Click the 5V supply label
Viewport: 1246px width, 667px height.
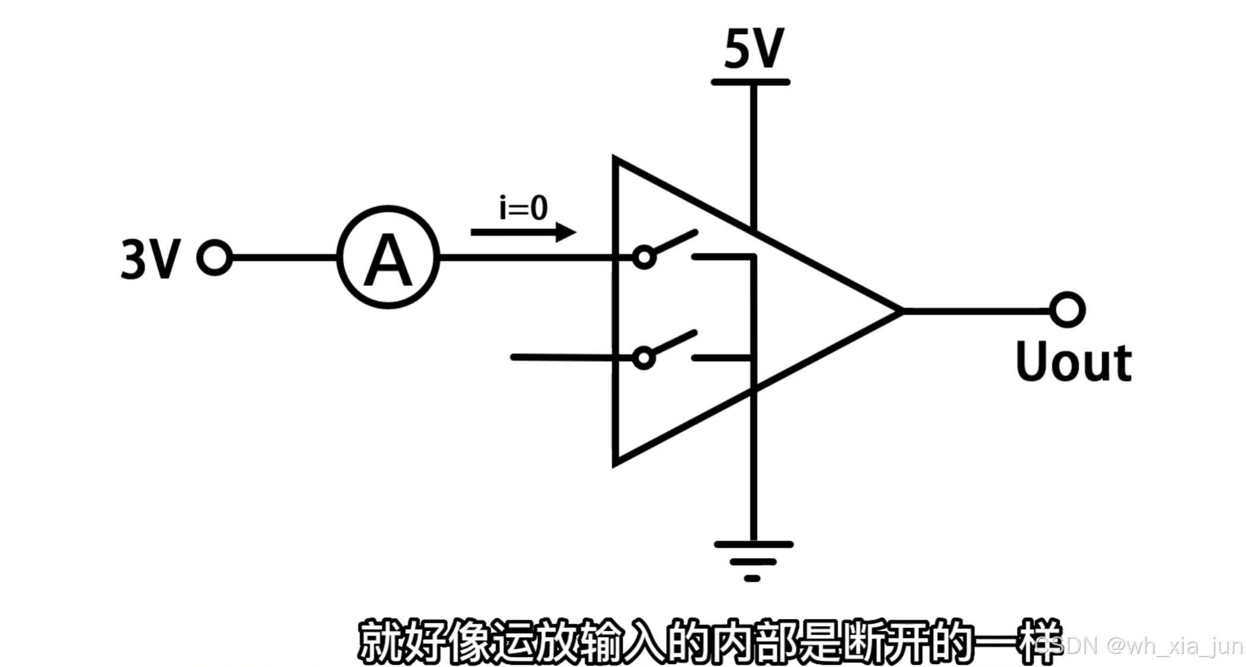point(754,49)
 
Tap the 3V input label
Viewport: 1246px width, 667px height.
point(150,259)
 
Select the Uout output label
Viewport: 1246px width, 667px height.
point(1073,362)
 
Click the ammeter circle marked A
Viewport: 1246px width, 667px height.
point(388,258)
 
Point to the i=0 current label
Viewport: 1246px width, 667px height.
point(523,208)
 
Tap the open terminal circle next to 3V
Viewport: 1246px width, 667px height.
point(214,258)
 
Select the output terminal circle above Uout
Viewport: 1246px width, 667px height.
point(1067,310)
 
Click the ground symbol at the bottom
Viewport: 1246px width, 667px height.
point(752,560)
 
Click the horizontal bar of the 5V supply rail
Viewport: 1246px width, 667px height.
point(750,82)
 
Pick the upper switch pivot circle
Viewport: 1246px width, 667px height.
point(644,258)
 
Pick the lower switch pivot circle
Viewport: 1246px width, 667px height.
point(644,358)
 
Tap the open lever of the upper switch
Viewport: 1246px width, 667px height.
point(675,242)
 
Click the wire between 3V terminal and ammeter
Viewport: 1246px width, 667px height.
point(284,258)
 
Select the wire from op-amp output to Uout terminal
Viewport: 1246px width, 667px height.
point(978,310)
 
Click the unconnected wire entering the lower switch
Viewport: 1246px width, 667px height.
point(563,357)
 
